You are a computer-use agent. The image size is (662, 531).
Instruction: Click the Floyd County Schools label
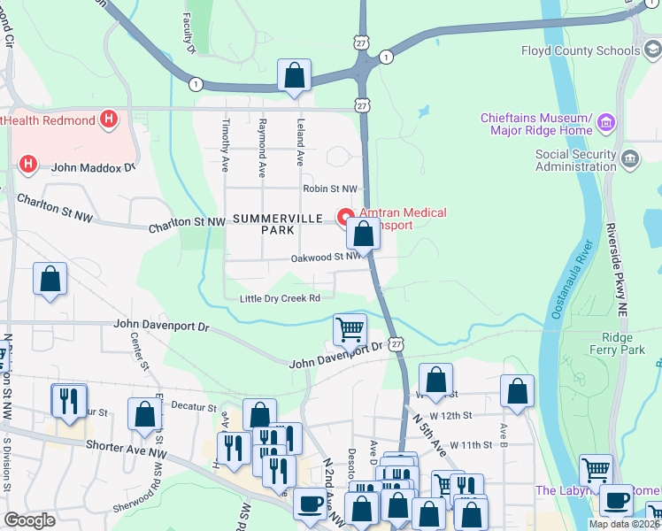point(580,50)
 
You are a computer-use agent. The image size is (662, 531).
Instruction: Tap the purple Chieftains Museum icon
point(606,121)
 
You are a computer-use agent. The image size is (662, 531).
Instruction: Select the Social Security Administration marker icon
point(629,158)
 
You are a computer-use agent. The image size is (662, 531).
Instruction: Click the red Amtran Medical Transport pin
point(345,215)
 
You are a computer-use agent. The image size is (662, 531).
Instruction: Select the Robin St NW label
point(329,189)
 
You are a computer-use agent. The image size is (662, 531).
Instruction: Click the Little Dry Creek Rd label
point(280,299)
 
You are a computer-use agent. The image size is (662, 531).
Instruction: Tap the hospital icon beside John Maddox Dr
point(28,165)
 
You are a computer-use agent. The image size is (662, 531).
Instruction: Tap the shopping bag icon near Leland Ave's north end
point(294,75)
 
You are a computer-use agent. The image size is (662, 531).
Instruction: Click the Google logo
point(30,520)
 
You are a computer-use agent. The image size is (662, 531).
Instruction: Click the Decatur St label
point(195,407)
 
